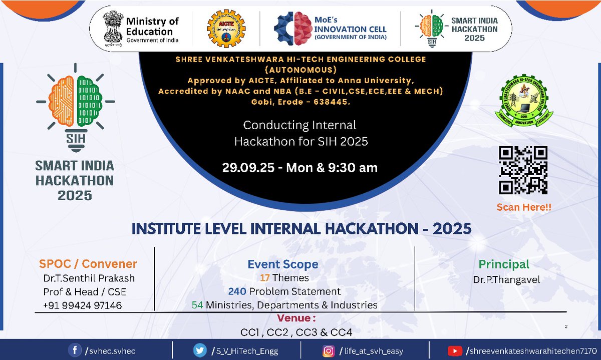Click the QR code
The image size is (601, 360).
(x=523, y=170)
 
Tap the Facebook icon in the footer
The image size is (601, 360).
(x=75, y=350)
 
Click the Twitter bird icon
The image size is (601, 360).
(x=200, y=350)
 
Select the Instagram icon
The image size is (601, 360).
(x=329, y=351)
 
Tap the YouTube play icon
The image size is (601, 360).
(x=455, y=351)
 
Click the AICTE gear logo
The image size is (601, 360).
(x=226, y=29)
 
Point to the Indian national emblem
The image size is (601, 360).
(x=113, y=29)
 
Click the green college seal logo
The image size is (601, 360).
(x=524, y=100)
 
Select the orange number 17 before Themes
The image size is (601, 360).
(x=264, y=278)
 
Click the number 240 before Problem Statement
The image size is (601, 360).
(x=237, y=291)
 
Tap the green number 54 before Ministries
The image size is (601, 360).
(x=197, y=305)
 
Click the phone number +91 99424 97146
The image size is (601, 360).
(x=83, y=305)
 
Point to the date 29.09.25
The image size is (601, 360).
(x=248, y=168)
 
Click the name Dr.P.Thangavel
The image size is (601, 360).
(x=506, y=280)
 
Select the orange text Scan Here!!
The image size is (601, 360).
(x=524, y=207)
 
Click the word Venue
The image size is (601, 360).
(x=294, y=318)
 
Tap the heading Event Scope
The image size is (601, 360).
(x=283, y=264)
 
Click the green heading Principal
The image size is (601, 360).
(x=504, y=264)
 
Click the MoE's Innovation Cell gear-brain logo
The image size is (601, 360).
(x=293, y=29)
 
